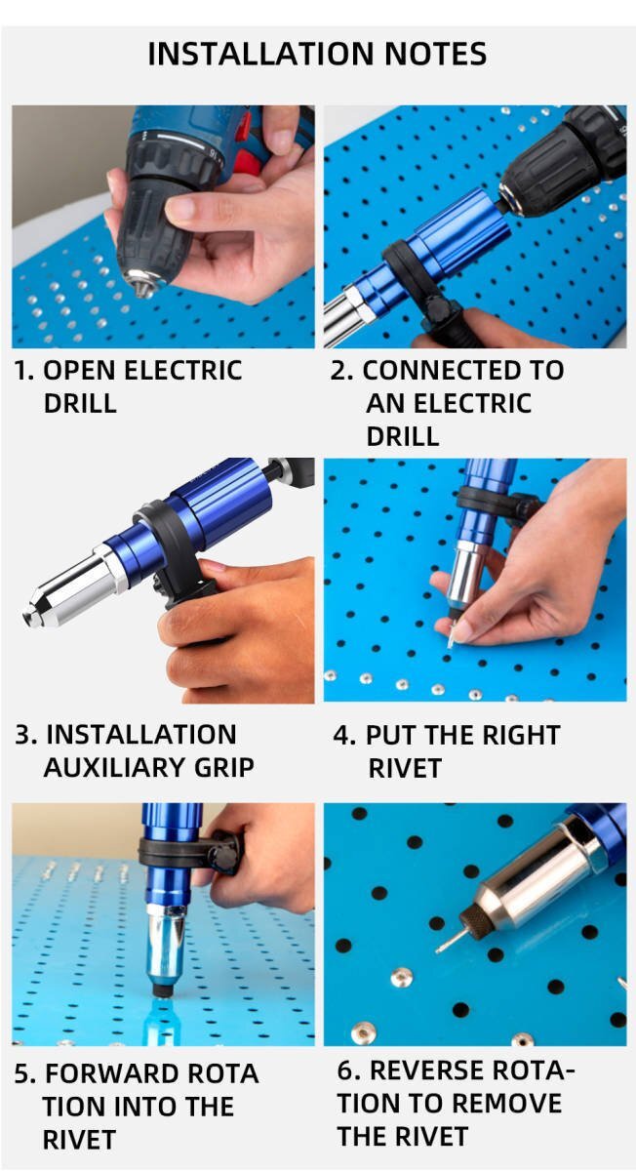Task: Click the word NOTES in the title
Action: [435, 54]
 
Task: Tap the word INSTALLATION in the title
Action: [260, 54]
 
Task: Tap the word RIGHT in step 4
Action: [521, 735]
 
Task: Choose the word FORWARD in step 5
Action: [112, 1074]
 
